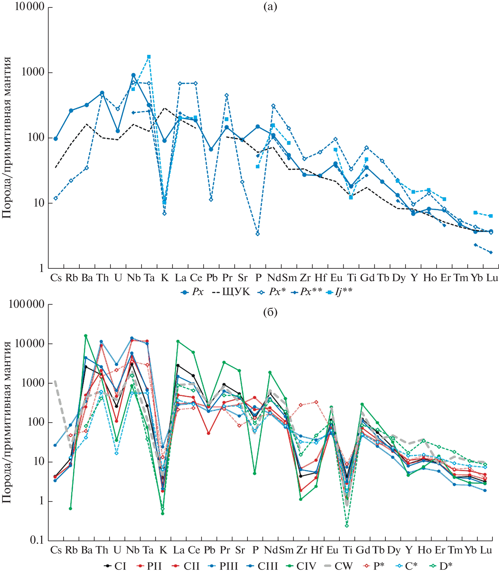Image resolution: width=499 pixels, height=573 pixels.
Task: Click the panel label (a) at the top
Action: click(270, 7)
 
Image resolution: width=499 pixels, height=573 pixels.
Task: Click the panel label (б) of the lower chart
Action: click(270, 312)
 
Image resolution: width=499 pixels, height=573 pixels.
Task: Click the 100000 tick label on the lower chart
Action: click(26, 304)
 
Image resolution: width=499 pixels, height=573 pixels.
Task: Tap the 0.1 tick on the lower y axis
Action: click(37, 540)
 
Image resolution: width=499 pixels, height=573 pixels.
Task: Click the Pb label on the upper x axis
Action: click(212, 278)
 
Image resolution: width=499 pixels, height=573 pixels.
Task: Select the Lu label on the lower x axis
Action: click(486, 550)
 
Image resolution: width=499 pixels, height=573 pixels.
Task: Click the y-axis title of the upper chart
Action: click(7, 138)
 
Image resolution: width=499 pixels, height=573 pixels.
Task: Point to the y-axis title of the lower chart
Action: click(7, 422)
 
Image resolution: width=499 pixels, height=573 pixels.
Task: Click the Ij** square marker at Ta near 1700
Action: click(149, 57)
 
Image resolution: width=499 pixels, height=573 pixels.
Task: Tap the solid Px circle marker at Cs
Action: click(56, 139)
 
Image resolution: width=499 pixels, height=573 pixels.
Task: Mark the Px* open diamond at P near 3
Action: click(257, 234)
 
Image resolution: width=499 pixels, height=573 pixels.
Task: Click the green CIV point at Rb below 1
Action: click(70, 508)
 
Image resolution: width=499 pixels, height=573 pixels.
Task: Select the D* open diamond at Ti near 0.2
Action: click(347, 526)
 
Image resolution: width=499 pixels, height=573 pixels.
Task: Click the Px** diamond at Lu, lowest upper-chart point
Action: click(491, 252)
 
